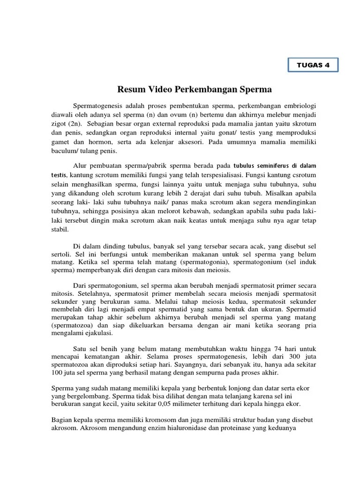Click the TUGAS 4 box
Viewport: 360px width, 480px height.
tap(313, 65)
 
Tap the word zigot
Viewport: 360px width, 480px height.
tap(60, 124)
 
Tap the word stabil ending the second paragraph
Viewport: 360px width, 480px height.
tap(60, 229)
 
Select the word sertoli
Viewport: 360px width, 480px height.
tap(61, 254)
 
